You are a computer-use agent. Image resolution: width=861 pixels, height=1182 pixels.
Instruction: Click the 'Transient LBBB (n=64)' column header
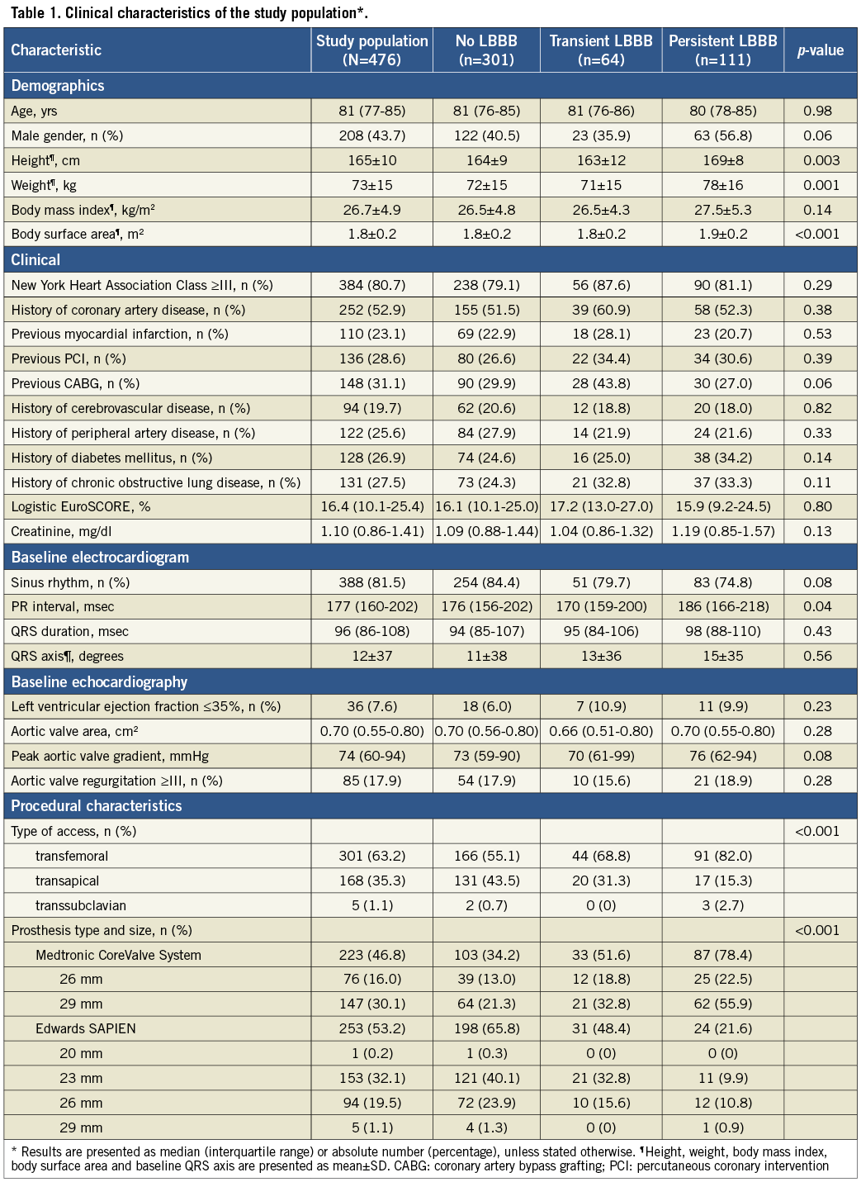click(601, 50)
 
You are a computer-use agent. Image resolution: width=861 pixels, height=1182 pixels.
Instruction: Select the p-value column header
click(820, 50)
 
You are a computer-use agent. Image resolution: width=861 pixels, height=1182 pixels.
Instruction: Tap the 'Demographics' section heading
click(58, 86)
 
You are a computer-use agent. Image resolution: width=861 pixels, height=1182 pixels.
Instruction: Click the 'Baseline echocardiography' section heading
click(99, 682)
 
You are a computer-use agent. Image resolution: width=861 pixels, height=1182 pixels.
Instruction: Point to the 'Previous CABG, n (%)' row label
click(75, 383)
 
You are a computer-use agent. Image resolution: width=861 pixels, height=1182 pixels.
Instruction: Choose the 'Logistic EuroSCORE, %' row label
click(81, 506)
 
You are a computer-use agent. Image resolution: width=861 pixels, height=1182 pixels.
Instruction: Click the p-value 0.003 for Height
click(821, 160)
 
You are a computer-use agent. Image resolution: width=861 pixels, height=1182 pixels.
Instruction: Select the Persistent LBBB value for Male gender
click(722, 135)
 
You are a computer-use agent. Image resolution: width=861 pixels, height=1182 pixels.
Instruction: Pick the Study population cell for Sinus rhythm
click(371, 582)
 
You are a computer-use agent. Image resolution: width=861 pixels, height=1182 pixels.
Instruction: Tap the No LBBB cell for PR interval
click(486, 606)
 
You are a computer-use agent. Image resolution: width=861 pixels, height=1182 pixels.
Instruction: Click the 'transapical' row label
click(67, 881)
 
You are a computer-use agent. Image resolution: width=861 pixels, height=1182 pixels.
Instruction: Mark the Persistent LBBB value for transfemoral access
click(722, 856)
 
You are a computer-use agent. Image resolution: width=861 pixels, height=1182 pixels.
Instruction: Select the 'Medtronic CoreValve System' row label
click(118, 955)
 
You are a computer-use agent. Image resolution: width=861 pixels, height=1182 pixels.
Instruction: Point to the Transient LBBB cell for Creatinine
click(601, 531)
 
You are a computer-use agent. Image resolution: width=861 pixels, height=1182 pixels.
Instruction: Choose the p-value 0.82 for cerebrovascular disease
click(821, 408)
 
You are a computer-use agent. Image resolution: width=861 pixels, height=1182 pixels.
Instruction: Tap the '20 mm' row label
click(81, 1053)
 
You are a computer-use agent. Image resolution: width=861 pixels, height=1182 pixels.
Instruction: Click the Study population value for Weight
click(371, 185)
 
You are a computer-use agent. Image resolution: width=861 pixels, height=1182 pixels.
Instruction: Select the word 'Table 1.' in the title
click(35, 13)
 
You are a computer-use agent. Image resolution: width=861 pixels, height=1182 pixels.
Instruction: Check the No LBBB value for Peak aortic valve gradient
click(486, 756)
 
